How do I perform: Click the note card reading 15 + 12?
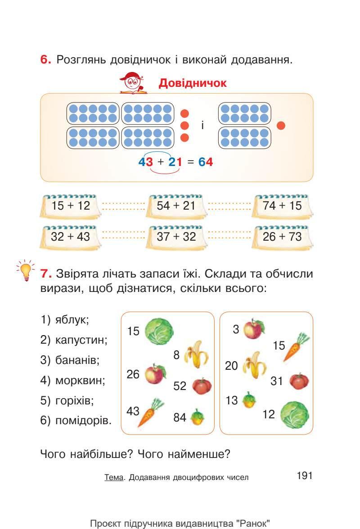[x=71, y=206]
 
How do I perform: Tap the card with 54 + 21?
[x=176, y=206]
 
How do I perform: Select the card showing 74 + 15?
[x=282, y=206]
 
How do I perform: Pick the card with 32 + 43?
[x=71, y=237]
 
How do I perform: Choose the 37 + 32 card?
[x=176, y=237]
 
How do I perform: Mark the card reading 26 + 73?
[x=282, y=237]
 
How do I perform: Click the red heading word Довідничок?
[x=193, y=83]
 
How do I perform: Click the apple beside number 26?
[x=155, y=374]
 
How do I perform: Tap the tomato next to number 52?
[x=202, y=386]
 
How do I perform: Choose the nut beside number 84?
[x=197, y=417]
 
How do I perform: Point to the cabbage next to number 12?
[x=294, y=414]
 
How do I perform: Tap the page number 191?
[x=305, y=476]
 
